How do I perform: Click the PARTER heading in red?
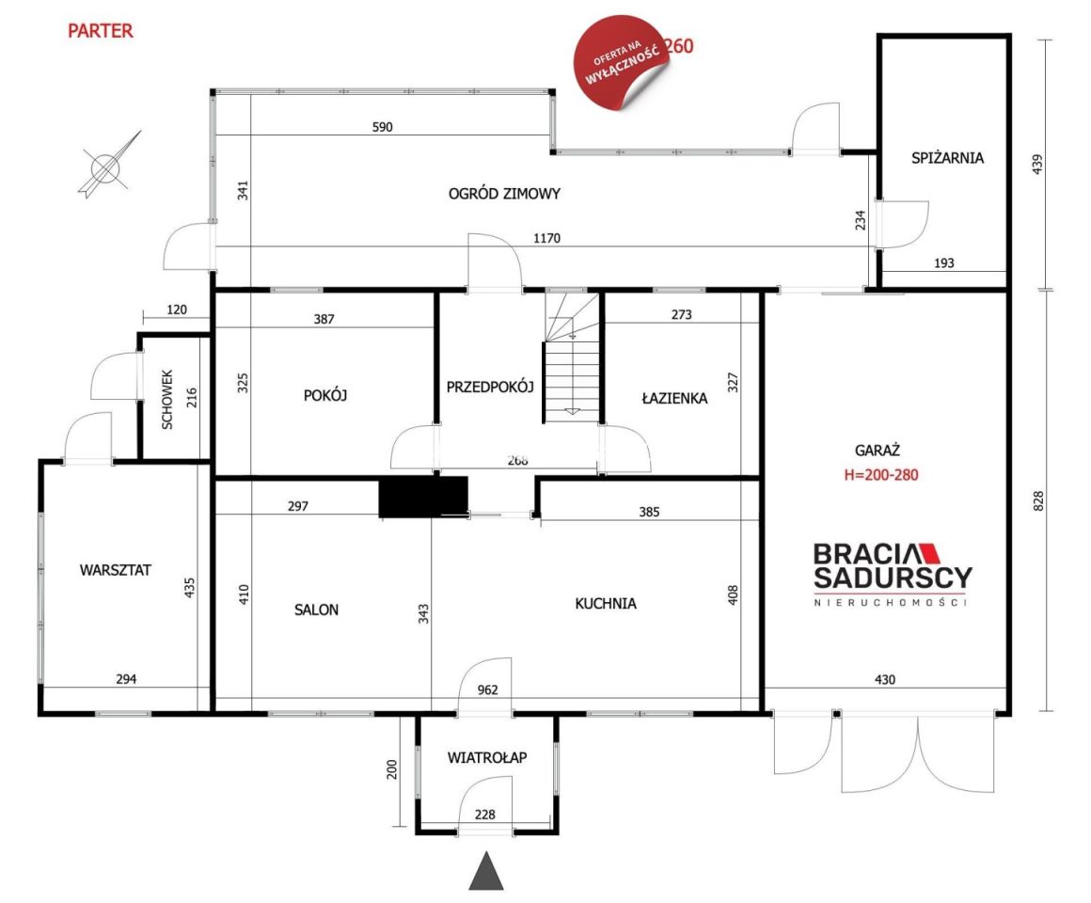(101, 31)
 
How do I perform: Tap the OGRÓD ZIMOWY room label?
(504, 194)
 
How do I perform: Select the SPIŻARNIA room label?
(947, 158)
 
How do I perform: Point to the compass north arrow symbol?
(108, 166)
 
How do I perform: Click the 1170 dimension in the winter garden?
(546, 238)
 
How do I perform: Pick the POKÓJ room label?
(324, 395)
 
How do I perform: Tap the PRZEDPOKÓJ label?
(490, 387)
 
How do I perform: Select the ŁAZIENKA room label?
(674, 398)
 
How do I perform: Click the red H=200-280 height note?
(881, 475)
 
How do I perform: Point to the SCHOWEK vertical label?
(167, 399)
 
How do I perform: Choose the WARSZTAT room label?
(116, 570)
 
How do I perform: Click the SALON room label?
(317, 610)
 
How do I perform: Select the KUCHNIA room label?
(606, 603)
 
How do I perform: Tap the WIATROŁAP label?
(487, 757)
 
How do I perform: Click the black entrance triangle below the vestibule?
(485, 871)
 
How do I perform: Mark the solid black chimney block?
(423, 497)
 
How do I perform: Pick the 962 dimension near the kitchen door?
(488, 689)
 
